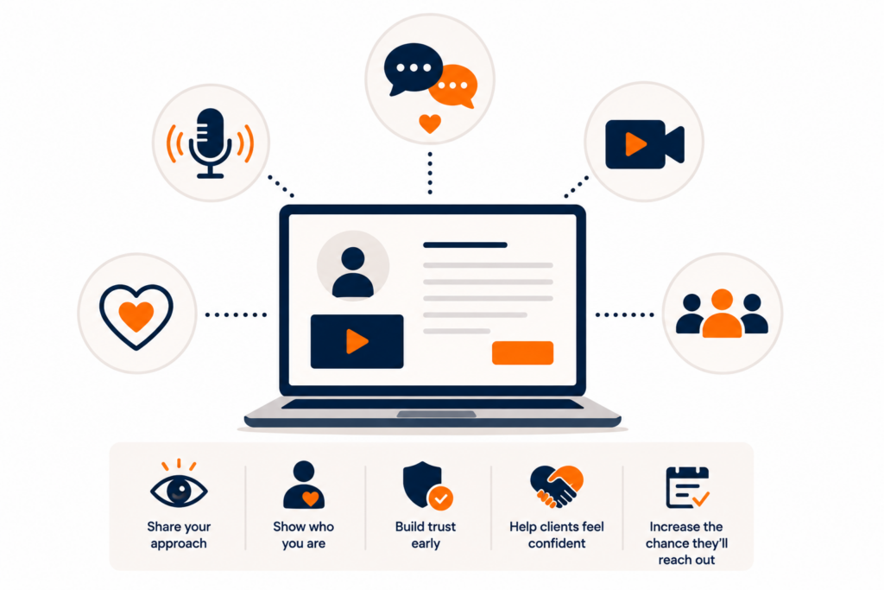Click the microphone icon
tap(211, 143)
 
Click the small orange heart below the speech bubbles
tap(430, 124)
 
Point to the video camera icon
tap(644, 144)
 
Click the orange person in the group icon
tap(722, 314)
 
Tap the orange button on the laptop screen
tap(522, 353)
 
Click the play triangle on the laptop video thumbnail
tap(357, 341)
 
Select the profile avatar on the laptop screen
tap(353, 266)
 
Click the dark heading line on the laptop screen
tap(465, 244)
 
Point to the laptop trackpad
tap(436, 414)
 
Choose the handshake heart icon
tap(557, 486)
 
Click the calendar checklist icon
tap(687, 487)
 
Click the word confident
tap(557, 543)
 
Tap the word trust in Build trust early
tap(441, 527)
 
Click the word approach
tap(179, 543)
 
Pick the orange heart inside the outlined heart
tap(136, 316)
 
